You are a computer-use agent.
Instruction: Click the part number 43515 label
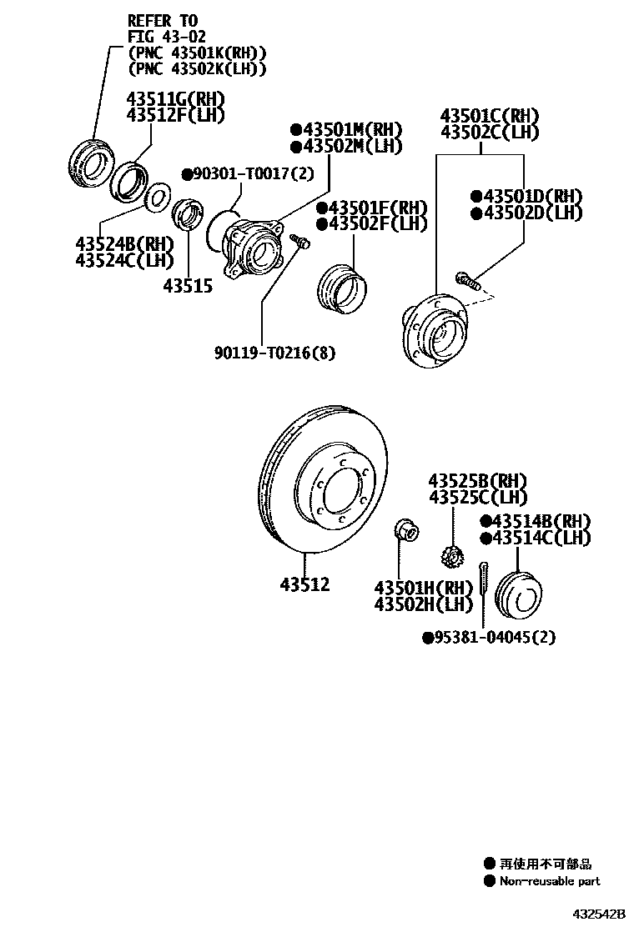click(188, 286)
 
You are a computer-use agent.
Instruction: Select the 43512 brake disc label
click(304, 584)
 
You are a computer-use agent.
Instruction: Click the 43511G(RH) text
click(175, 99)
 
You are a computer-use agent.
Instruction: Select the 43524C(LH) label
click(122, 260)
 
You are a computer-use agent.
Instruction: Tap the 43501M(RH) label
click(346, 130)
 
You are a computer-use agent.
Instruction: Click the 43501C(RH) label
click(489, 116)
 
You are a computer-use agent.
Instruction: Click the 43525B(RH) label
click(478, 481)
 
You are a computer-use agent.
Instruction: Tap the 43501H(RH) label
click(424, 587)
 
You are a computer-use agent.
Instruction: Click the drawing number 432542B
click(598, 914)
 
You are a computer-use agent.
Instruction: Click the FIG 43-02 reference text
click(166, 37)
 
